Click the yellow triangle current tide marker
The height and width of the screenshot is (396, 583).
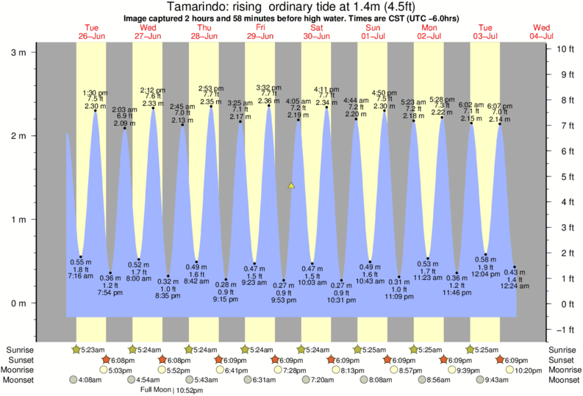click(291, 185)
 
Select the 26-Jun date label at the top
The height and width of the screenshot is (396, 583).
click(91, 35)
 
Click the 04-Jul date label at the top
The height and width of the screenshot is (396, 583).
click(543, 35)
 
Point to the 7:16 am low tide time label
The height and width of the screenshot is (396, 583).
click(80, 276)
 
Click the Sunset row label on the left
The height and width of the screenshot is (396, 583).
click(20, 360)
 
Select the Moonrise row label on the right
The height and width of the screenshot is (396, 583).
click(562, 370)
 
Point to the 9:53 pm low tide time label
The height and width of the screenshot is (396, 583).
click(284, 300)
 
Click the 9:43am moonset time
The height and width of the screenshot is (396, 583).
click(485, 381)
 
